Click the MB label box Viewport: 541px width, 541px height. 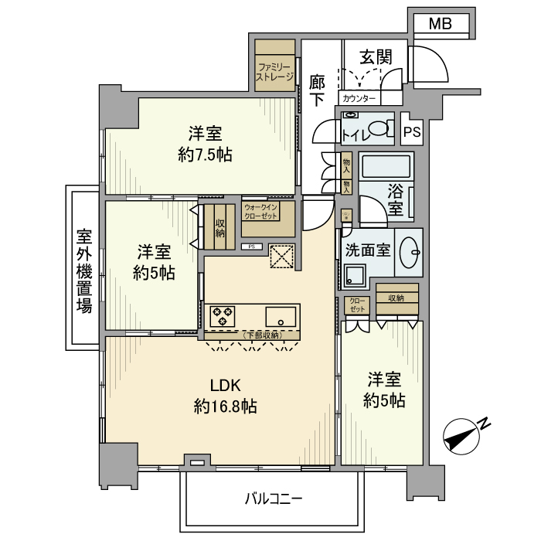tap(440, 25)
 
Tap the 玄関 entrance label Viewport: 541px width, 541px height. tap(376, 57)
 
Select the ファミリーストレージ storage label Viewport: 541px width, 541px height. tap(276, 72)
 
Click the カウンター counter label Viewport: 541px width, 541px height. tap(358, 99)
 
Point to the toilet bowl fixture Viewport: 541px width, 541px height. tap(379, 129)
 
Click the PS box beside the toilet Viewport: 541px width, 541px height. tap(412, 131)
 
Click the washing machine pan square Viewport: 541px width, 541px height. tap(356, 274)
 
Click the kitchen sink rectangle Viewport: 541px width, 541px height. tap(281, 316)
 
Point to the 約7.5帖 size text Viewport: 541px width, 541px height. tap(205, 155)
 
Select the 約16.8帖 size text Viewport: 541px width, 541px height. tap(226, 407)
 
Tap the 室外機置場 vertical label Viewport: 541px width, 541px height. tap(84, 270)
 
